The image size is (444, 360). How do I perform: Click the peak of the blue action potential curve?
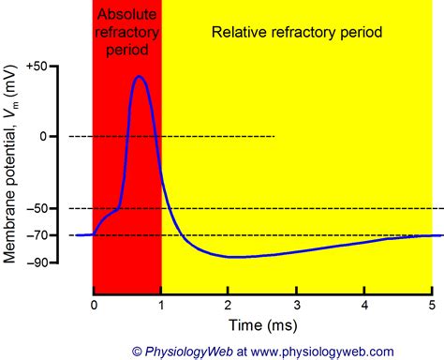coord(139,77)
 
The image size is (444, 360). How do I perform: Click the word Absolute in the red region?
coord(127,17)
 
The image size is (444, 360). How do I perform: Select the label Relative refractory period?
coord(297,32)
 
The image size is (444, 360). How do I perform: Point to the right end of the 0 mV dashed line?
coord(275,137)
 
